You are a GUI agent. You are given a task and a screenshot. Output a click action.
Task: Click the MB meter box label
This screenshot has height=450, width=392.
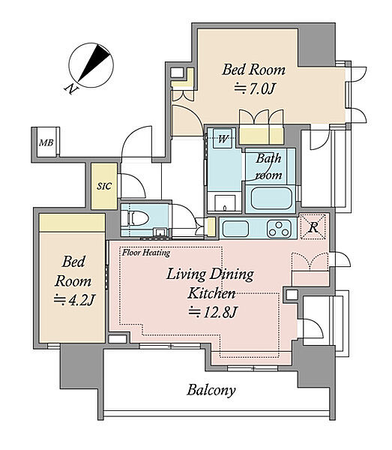46,142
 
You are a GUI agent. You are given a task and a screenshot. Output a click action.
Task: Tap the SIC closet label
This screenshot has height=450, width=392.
103,186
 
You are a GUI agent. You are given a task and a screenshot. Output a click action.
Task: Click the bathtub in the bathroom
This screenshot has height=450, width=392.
271,199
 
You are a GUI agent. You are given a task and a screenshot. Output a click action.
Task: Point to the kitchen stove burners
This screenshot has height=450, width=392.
278,229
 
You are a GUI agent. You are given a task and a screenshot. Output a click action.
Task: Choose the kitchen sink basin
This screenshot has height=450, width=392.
235,229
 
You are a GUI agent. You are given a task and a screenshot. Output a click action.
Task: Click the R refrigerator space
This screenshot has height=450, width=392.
313,226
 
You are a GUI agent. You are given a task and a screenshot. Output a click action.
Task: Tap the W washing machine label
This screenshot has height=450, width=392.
223,139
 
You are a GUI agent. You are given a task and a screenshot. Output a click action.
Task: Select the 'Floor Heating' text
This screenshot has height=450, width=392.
146,253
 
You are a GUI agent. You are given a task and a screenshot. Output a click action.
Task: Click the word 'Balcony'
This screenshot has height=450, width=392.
211,390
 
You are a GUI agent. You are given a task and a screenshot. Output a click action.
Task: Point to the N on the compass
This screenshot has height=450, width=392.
70,89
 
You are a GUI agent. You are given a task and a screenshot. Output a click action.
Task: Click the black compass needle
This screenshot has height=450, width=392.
94,62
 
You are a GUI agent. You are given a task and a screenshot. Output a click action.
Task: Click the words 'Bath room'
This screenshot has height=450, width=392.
268,166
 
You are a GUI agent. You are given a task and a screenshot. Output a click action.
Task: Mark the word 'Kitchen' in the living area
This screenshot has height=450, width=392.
211,293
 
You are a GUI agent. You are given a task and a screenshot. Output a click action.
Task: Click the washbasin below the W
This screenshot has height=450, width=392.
225,203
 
